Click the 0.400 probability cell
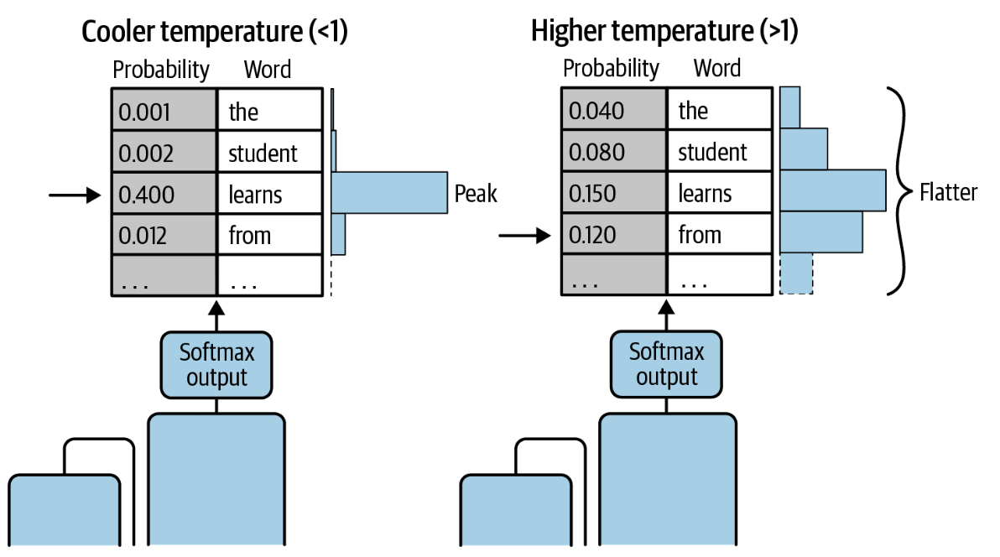(164, 193)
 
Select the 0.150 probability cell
(614, 192)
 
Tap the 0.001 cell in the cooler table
(164, 111)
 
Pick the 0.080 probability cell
(614, 151)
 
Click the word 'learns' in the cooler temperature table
(255, 195)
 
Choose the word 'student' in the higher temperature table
(711, 152)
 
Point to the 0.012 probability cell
(164, 235)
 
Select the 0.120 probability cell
(614, 234)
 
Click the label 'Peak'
(475, 193)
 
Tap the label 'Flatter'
(948, 192)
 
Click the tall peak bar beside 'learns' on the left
(389, 192)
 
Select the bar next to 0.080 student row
(804, 148)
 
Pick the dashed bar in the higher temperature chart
(796, 273)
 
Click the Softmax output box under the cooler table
(216, 365)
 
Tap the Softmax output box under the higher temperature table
(666, 364)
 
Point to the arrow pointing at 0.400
(75, 195)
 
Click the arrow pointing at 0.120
(524, 236)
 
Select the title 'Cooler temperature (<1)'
(214, 31)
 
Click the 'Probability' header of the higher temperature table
(611, 68)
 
